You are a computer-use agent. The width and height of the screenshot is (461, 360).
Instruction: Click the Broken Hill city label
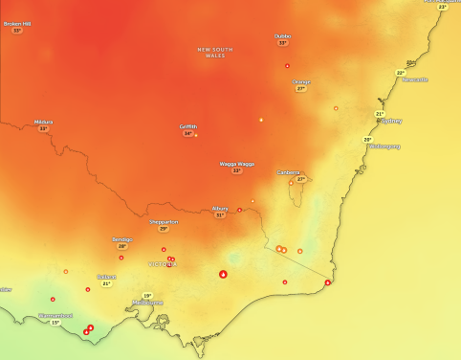click(17, 23)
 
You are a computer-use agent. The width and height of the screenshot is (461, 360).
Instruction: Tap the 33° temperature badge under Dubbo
click(282, 43)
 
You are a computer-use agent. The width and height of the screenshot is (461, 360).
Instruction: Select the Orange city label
click(301, 81)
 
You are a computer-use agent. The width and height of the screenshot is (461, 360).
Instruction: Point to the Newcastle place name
click(415, 80)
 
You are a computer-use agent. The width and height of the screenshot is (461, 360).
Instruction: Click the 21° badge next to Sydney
click(380, 114)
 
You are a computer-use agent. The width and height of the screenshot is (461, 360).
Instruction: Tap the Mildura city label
click(43, 122)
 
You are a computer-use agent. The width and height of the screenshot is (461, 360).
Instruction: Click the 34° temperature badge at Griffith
click(188, 134)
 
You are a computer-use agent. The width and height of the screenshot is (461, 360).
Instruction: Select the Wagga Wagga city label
click(237, 164)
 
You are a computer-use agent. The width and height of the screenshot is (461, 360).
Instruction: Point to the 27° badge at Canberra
click(300, 179)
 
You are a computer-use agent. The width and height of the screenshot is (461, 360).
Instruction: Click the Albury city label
click(220, 208)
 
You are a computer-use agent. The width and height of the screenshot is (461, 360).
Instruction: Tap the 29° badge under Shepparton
click(164, 229)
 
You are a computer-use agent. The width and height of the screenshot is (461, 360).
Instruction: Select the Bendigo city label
click(121, 239)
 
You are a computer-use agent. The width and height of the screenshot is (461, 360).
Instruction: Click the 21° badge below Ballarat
click(107, 283)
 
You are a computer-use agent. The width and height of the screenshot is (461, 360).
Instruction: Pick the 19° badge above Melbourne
click(146, 295)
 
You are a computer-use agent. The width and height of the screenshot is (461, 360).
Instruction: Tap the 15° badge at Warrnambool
click(55, 323)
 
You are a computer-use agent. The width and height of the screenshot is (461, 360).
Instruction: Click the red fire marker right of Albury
click(239, 210)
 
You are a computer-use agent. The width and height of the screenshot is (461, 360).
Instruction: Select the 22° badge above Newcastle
click(401, 73)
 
